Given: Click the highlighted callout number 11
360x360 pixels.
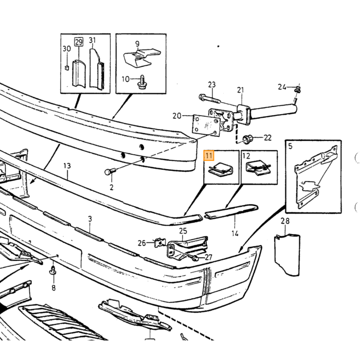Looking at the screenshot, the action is pos(209,156).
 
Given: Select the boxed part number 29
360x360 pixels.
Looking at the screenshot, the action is pos(79,42).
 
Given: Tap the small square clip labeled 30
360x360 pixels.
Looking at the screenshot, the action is pos(66,68).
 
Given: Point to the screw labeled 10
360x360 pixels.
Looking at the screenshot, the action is pos(142,82).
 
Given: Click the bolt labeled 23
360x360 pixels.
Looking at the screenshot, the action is pos(210,99).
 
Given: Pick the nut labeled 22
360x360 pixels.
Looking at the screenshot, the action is pos(247,139).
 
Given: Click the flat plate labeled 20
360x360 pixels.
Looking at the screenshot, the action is pos(206,126).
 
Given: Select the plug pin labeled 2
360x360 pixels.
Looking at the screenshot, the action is pos(111,171).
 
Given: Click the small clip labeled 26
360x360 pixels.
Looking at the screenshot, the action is pos(160,243).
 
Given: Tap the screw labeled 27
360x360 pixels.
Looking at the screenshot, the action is pos(195,258).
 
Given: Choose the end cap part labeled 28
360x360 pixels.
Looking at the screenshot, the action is pos(287,255).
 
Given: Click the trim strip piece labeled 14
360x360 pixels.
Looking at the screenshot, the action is pos(231,212).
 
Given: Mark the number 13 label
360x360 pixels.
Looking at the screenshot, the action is pos(67,166).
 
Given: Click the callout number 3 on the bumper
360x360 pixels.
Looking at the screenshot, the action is pos(90,219).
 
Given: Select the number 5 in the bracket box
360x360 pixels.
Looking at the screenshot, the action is pos(291,146).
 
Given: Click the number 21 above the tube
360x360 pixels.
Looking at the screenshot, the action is pos(240,90).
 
